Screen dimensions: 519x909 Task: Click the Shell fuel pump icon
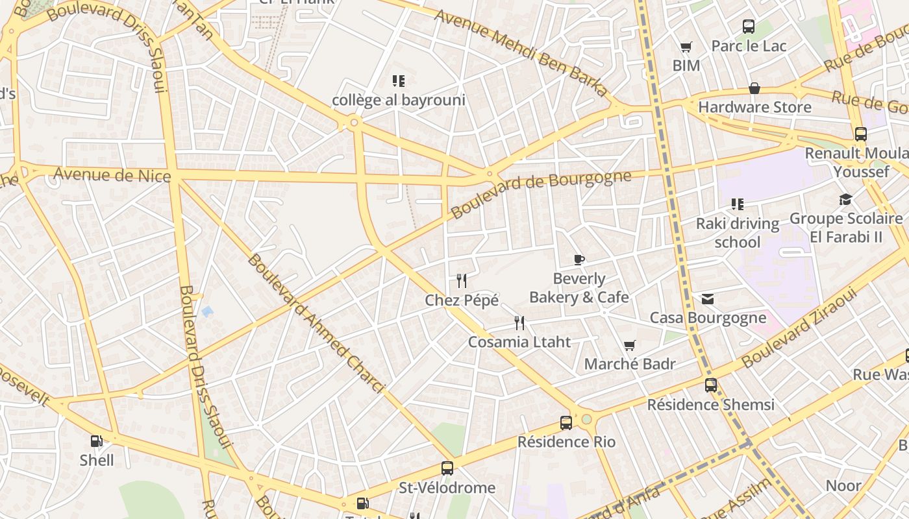pos(96,442)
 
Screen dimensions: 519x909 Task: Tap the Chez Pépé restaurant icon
pos(462,281)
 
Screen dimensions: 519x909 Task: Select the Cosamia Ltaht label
pos(519,342)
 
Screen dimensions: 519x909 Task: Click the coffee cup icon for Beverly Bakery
pos(579,260)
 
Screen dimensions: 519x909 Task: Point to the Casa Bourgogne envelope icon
pos(708,299)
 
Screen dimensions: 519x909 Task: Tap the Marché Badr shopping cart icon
pos(629,345)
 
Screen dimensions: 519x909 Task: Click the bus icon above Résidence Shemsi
pos(711,385)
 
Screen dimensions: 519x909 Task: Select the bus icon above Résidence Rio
pos(566,423)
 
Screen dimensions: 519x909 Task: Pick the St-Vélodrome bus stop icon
pos(447,468)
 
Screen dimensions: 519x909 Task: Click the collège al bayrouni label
pos(399,101)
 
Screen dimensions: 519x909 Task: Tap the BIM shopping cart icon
pos(686,47)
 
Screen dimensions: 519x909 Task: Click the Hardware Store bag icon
pos(754,88)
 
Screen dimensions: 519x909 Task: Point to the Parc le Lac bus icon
pos(749,27)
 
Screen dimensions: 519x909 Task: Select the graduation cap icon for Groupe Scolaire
pos(845,200)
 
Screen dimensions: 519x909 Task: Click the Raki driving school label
pos(737,233)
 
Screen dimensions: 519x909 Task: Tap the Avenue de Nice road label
pos(112,175)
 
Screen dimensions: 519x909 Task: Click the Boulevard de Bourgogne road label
pos(540,193)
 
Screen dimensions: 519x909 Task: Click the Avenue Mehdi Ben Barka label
pos(521,53)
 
